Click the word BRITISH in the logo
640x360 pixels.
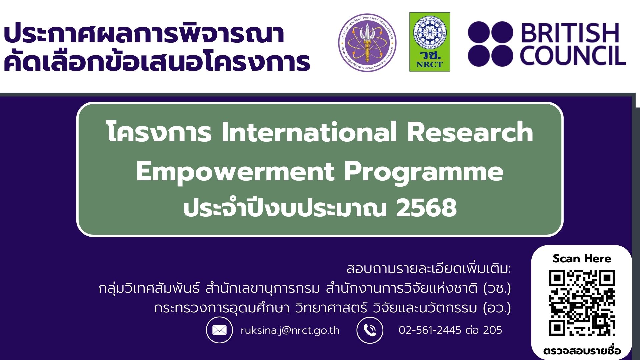(x=570, y=33)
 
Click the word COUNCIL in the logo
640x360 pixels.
(x=572, y=56)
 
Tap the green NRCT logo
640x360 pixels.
(x=429, y=42)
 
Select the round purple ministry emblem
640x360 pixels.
(x=367, y=43)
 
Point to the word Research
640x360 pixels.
(x=470, y=132)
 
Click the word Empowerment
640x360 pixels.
(x=235, y=172)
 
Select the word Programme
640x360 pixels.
(x=423, y=172)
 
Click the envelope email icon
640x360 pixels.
(x=219, y=330)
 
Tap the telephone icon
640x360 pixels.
(x=370, y=330)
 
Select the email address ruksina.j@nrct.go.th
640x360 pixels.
(x=290, y=330)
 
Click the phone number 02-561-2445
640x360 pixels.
(x=430, y=330)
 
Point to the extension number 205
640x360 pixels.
(x=492, y=330)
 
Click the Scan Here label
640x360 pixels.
(x=582, y=259)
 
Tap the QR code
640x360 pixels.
(x=582, y=303)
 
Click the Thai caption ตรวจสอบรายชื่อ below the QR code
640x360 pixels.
(x=582, y=351)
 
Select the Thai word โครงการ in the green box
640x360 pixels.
(x=159, y=132)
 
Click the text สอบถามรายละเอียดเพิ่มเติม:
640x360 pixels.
(x=428, y=269)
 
